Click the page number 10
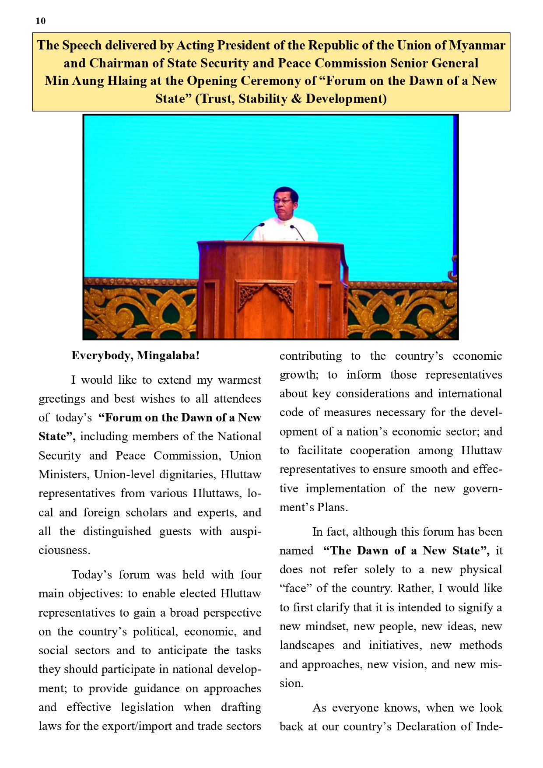[40, 21]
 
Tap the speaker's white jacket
[291, 230]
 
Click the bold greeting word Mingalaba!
[168, 355]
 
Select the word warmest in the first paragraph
[239, 380]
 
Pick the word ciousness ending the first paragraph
[64, 550]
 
